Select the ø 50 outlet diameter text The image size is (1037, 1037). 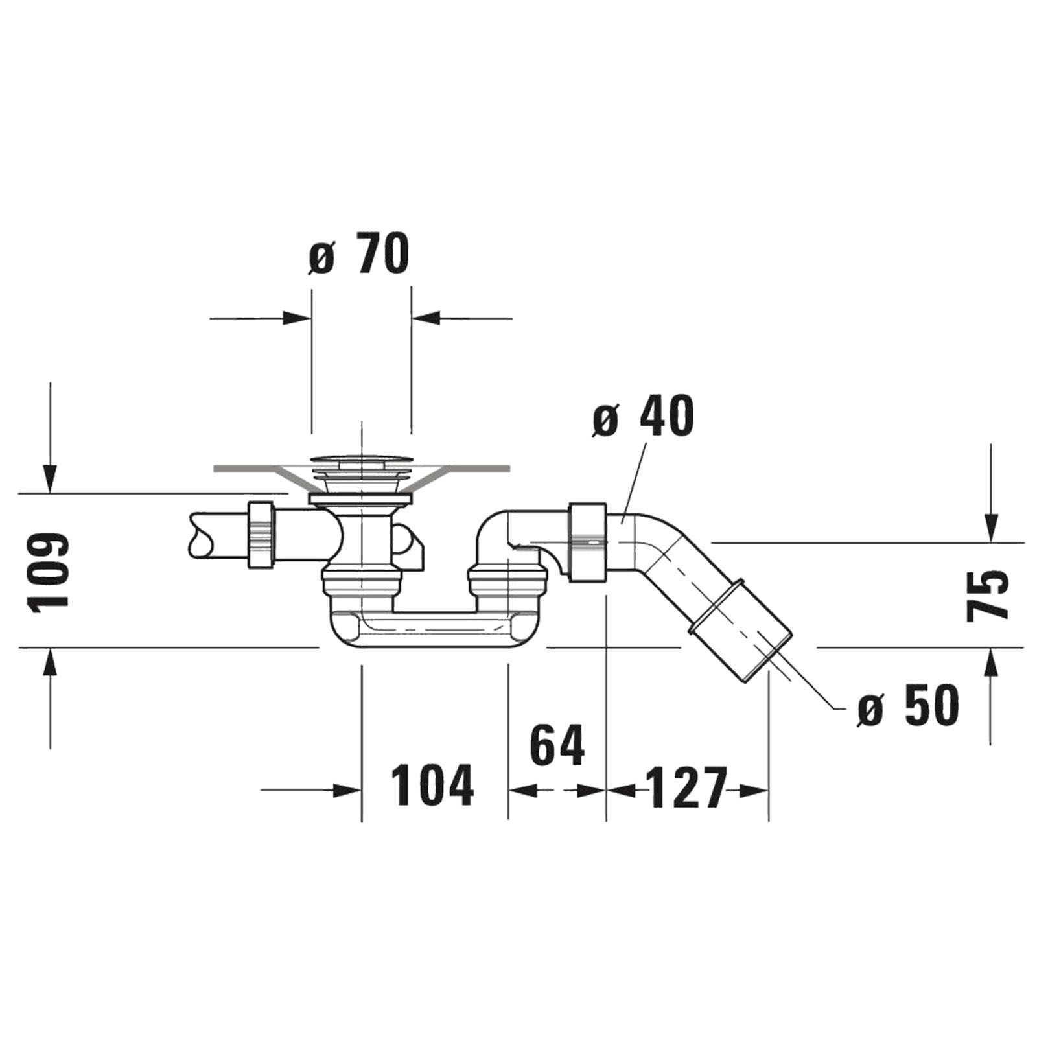(907, 705)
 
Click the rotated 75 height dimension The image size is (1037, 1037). (987, 595)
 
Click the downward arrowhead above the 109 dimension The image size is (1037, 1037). (50, 478)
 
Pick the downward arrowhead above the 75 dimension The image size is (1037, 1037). (990, 526)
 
